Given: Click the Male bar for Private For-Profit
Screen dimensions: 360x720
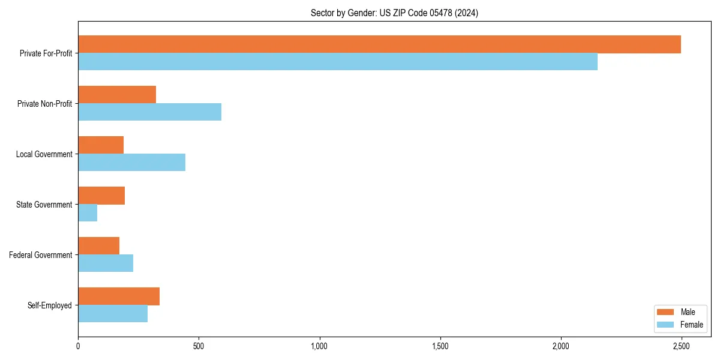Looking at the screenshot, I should click(379, 44).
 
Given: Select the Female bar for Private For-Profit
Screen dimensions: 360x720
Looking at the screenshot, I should click(338, 62).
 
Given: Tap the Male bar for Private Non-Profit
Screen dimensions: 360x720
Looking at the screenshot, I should click(117, 95).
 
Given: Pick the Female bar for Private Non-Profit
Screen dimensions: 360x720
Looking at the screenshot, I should click(149, 112).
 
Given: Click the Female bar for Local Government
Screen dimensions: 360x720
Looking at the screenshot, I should click(131, 163).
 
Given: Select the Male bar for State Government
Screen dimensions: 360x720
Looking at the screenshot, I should click(101, 196).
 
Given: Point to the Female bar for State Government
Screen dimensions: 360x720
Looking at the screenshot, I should click(88, 213).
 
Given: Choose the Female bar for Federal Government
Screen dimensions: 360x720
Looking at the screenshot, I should click(106, 263).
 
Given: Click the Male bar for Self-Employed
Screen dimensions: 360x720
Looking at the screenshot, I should click(119, 296).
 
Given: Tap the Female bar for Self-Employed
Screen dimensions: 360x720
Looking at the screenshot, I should click(113, 314).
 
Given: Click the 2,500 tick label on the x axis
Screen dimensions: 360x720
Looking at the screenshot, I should click(681, 347).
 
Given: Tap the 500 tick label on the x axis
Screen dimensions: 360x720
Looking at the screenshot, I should click(199, 347).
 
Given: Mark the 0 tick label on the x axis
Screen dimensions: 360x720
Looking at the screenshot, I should click(78, 347).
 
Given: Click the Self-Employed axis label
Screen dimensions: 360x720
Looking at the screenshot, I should click(50, 305).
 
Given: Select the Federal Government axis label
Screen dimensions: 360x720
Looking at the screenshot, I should click(41, 255).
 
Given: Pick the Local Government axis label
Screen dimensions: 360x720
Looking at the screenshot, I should click(44, 154).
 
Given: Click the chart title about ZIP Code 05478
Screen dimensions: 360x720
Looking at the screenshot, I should click(394, 13).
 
